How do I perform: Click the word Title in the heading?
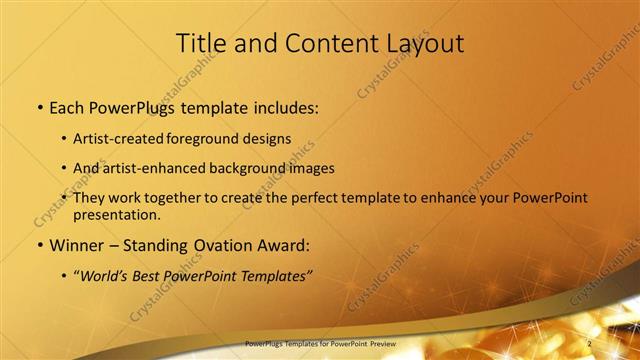(200, 43)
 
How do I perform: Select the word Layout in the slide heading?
(425, 43)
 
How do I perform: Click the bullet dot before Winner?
(38, 246)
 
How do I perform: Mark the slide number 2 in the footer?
(590, 343)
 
